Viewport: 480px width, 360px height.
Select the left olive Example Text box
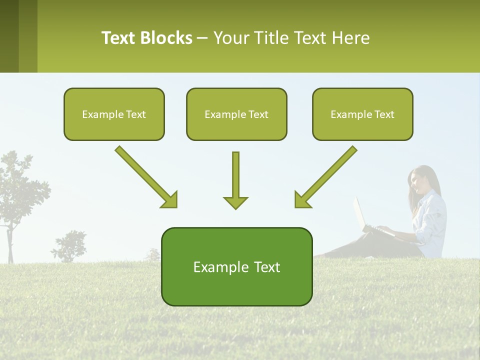point(114,114)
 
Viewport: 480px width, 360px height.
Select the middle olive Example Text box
point(236,114)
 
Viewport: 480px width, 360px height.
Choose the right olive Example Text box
point(362,114)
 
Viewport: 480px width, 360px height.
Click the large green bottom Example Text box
point(236,266)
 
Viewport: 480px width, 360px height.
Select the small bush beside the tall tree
point(70,245)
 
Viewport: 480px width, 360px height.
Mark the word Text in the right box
point(384,114)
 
